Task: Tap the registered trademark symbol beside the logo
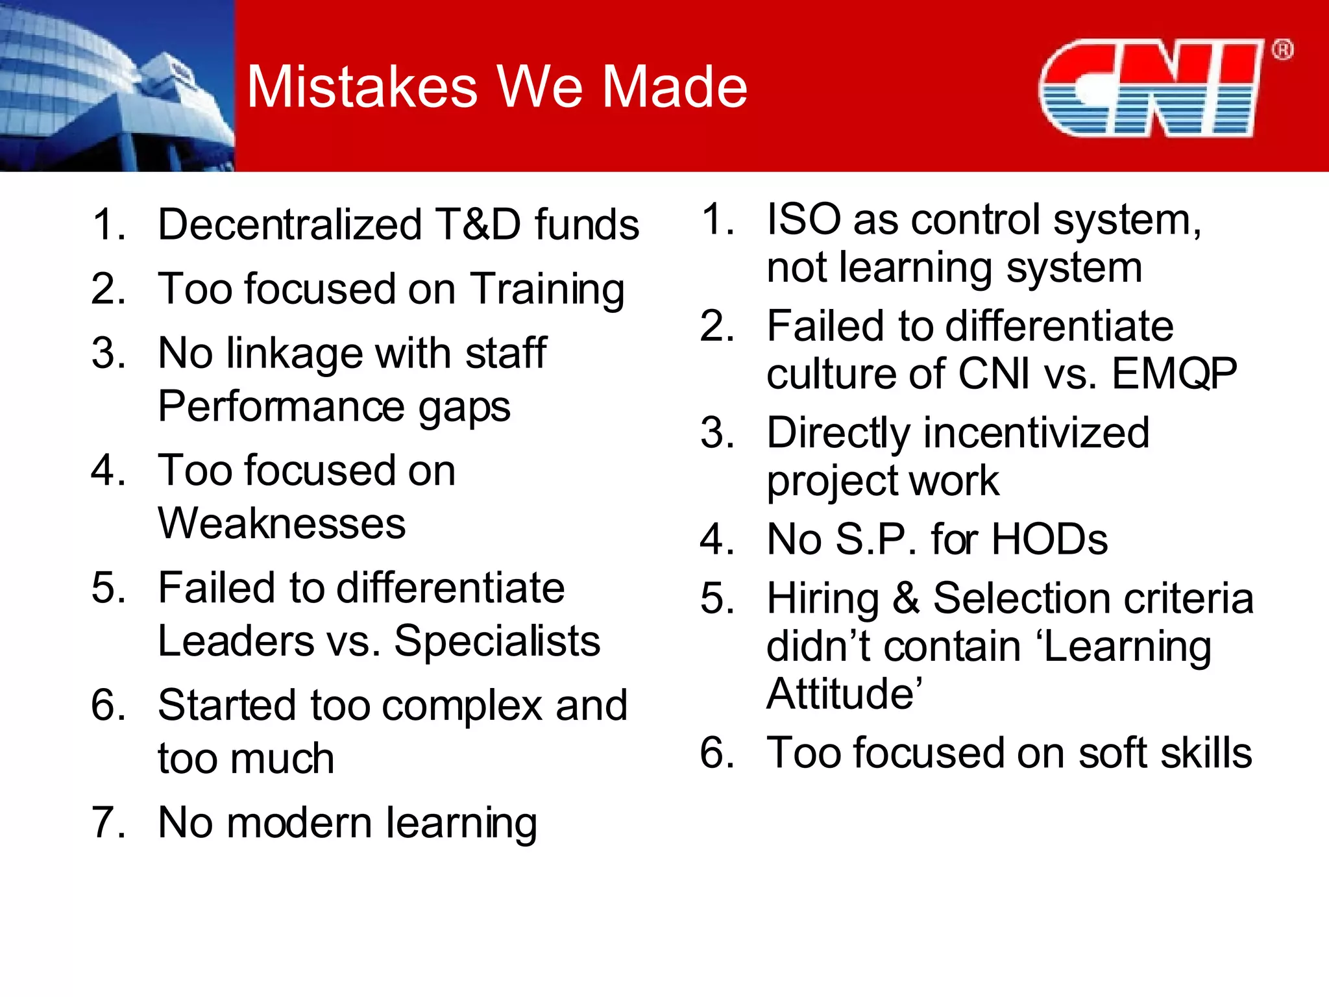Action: [x=1282, y=50]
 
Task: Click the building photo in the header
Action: [x=117, y=86]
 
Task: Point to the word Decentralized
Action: [x=290, y=225]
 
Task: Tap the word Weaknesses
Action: [x=282, y=524]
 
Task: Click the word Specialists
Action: [x=497, y=641]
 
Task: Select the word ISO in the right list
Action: [x=803, y=219]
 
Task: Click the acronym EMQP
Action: [x=1174, y=374]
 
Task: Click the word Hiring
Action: [x=823, y=598]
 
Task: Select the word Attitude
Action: [x=843, y=694]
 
